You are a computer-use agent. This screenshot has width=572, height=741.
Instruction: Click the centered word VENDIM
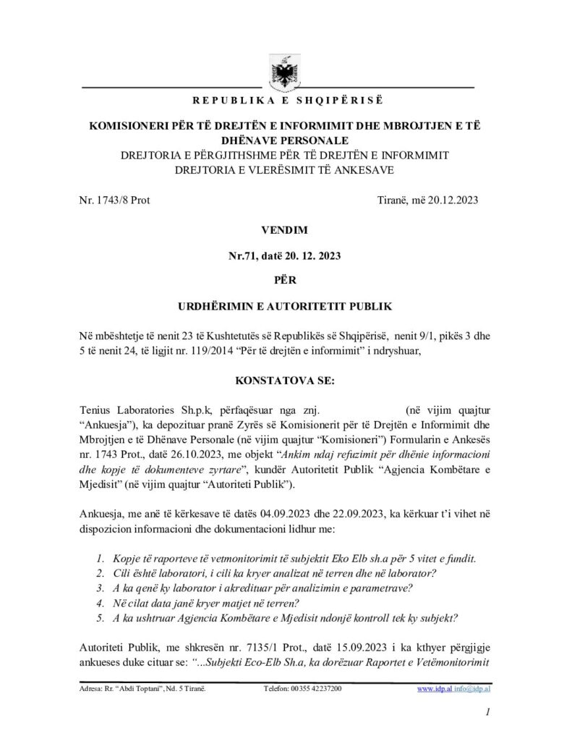click(x=286, y=230)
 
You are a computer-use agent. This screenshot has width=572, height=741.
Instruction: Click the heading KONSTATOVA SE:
click(x=286, y=378)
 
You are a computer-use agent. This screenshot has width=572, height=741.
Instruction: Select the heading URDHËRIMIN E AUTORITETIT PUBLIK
click(x=286, y=307)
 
